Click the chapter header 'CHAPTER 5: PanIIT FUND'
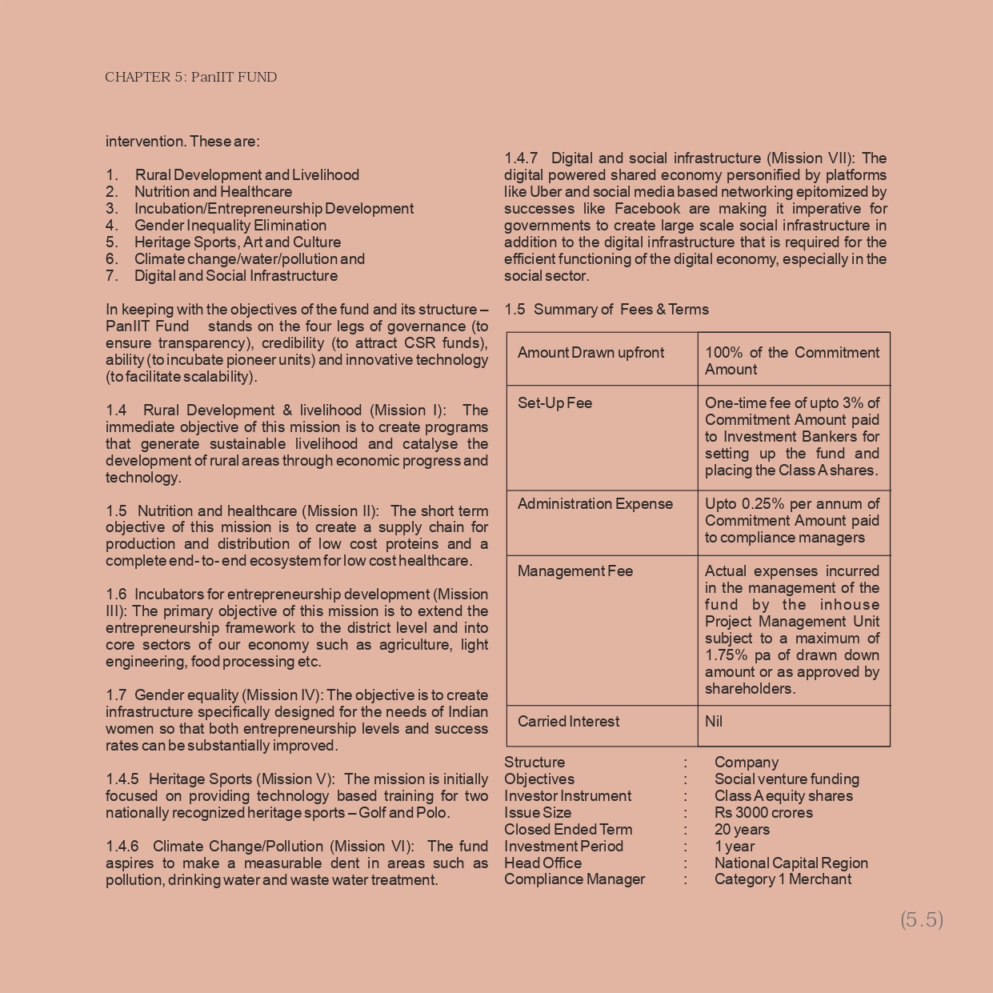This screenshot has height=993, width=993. tap(190, 78)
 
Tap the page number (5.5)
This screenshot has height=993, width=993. tap(922, 919)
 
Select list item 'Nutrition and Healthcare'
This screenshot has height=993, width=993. tap(213, 192)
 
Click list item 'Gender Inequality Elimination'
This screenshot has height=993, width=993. tap(230, 226)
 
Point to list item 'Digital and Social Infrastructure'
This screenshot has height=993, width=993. tap(235, 276)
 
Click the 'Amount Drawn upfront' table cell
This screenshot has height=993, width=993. tap(591, 353)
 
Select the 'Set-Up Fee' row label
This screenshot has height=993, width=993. tap(555, 403)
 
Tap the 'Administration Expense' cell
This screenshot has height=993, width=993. tap(595, 504)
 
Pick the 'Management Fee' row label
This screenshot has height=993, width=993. tap(575, 571)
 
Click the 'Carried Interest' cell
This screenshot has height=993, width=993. tap(568, 722)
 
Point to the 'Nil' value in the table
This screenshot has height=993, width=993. tap(714, 722)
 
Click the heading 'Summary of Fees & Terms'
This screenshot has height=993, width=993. tap(621, 310)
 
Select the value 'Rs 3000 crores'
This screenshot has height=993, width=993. tap(763, 813)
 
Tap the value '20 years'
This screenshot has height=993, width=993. tap(742, 830)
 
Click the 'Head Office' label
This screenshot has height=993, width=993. tap(543, 863)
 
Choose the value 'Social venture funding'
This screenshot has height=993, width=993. tap(787, 779)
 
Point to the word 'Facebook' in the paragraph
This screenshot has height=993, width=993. tap(647, 209)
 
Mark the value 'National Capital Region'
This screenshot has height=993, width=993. tap(791, 863)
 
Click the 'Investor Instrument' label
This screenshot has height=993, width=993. tap(567, 796)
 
